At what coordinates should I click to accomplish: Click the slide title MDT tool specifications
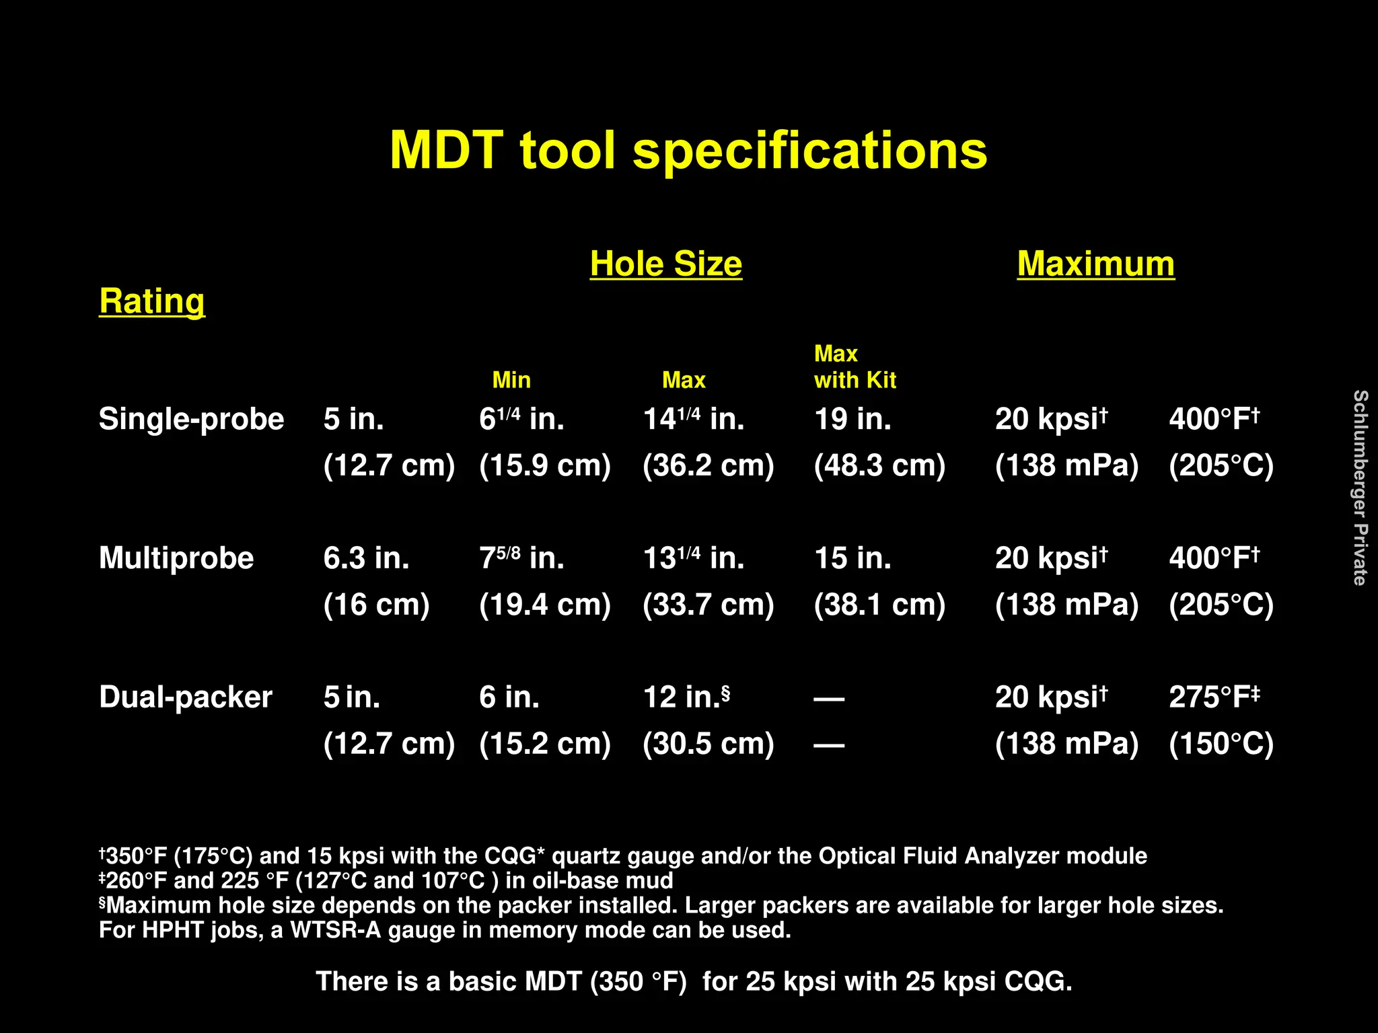[688, 151]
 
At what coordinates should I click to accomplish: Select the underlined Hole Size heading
[665, 264]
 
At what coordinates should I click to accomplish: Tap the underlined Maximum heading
[1095, 264]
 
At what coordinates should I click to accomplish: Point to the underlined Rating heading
[152, 301]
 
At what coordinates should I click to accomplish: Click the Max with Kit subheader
[855, 367]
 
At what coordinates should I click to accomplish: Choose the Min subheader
[511, 380]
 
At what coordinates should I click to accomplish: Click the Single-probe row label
[191, 419]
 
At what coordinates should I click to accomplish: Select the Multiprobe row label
[176, 558]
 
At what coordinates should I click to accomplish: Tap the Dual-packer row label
[186, 697]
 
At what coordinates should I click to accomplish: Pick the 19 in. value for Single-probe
[853, 419]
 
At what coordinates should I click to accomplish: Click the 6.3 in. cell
[366, 558]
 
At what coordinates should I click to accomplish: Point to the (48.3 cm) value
[879, 465]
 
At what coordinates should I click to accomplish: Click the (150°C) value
[1221, 744]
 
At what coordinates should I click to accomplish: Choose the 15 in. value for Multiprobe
[853, 558]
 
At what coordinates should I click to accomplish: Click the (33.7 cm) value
[709, 605]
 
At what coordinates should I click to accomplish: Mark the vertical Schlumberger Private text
[1360, 488]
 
